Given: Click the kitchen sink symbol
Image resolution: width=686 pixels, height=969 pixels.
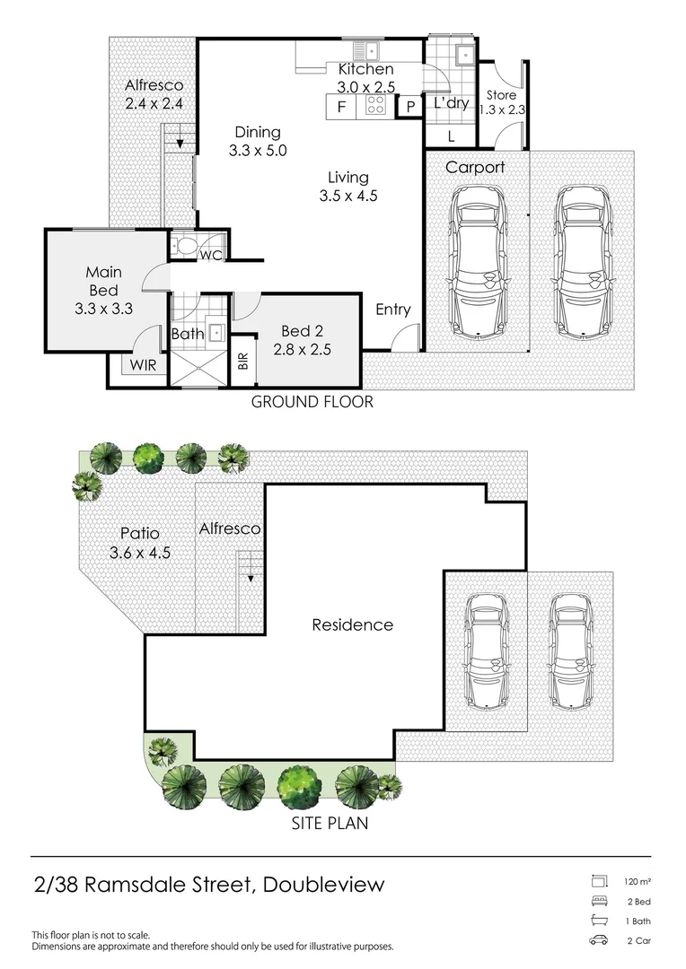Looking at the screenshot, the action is (366, 50).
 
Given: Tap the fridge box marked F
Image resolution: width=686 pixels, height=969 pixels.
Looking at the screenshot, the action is (341, 106).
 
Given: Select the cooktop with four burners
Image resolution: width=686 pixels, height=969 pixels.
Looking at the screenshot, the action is (374, 106).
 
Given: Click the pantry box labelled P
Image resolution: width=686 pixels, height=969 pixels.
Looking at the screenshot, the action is (410, 106).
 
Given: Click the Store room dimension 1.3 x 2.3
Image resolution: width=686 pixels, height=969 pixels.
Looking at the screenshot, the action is (502, 110).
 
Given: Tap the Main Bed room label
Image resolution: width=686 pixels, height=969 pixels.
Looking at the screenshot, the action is (104, 281).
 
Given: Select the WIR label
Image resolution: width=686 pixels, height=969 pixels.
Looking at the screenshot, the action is (143, 365).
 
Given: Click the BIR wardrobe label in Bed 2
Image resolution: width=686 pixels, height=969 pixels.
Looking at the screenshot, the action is (242, 362).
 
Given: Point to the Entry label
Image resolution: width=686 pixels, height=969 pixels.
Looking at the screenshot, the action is (392, 309).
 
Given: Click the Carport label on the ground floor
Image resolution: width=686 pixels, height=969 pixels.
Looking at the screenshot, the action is (475, 167).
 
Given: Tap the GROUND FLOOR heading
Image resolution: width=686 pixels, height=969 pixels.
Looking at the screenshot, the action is (312, 402).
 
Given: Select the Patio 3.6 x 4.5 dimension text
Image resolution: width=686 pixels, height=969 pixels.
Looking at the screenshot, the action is (140, 553).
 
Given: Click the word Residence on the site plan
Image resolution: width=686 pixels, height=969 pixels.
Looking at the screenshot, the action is (353, 624).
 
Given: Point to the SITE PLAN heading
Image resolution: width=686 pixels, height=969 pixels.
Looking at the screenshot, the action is (330, 823).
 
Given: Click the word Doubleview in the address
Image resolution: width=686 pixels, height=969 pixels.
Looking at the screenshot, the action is (323, 885).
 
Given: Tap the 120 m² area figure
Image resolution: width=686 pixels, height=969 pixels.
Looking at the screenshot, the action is (638, 882).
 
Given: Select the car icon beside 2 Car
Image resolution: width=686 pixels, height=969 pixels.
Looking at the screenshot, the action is (599, 940).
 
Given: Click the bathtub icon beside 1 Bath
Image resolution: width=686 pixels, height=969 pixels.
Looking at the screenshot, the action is (599, 921).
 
